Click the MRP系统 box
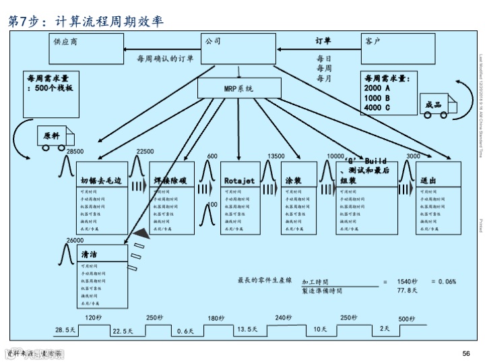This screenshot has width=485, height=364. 239,88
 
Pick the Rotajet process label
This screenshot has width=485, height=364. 239,181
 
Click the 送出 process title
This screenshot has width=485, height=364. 429,181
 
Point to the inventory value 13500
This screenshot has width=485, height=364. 276,156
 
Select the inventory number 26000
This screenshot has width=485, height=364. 75,241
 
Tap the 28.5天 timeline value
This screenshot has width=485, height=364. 65,330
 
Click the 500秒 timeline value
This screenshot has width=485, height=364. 406,318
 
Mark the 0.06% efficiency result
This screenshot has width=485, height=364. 443,281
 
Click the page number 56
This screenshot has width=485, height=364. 465,353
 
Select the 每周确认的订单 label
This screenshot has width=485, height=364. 165,59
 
